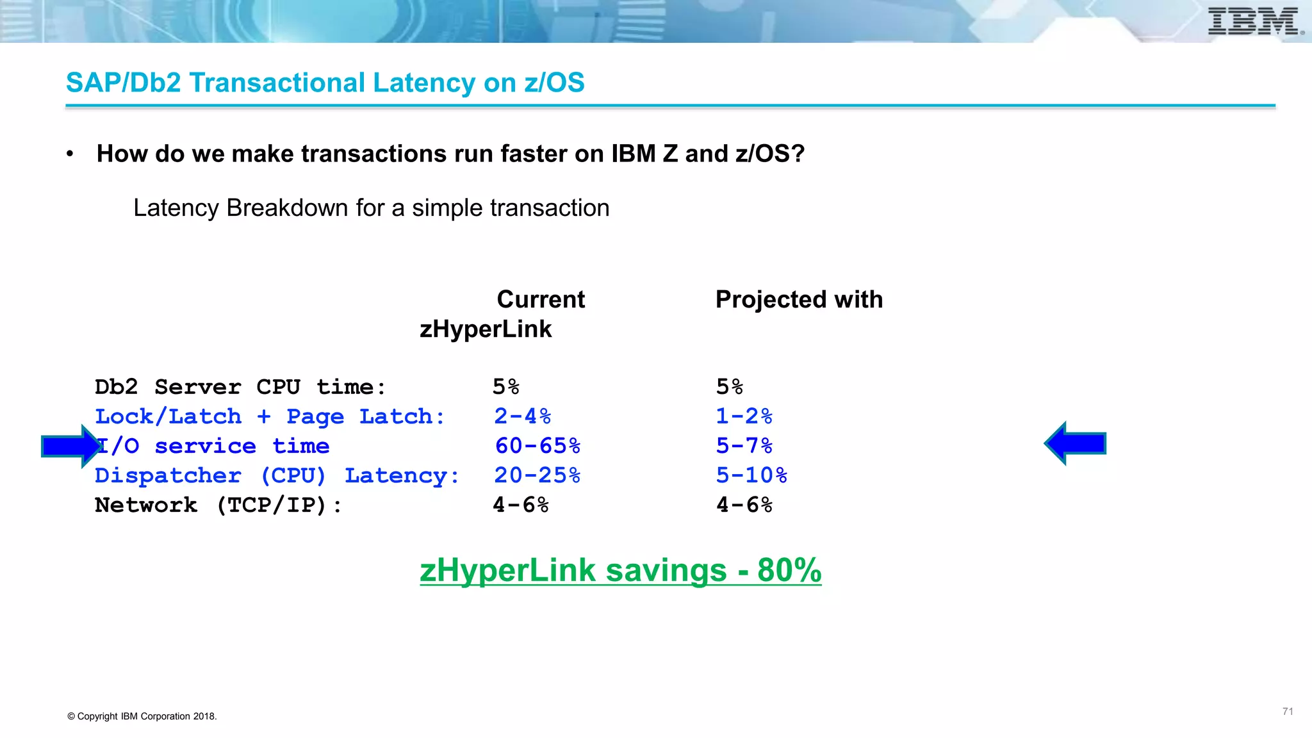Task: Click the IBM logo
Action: click(1254, 21)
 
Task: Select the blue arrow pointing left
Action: click(1075, 443)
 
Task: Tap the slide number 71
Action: click(1288, 711)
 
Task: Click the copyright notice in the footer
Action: click(142, 716)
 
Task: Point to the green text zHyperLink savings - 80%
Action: click(620, 570)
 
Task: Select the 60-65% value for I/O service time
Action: click(537, 446)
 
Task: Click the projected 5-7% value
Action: click(744, 446)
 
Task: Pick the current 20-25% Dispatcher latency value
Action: click(537, 475)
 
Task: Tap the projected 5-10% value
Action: click(751, 475)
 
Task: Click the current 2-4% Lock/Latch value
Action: click(522, 416)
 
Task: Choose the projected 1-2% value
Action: click(744, 416)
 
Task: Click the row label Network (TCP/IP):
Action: click(218, 505)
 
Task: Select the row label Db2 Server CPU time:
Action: click(240, 387)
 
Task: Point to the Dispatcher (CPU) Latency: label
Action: click(277, 475)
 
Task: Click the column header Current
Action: click(541, 299)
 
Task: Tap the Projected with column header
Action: click(799, 299)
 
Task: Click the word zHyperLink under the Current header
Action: click(486, 329)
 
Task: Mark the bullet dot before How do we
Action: click(70, 154)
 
